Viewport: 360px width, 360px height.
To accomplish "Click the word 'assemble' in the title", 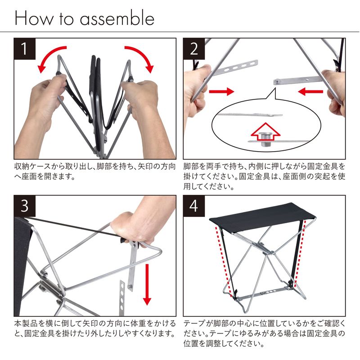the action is coord(117,18).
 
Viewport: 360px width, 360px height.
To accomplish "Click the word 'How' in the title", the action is coord(34,18).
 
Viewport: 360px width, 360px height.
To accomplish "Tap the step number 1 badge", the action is coord(25,49).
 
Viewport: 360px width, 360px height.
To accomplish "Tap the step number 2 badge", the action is coord(194,49).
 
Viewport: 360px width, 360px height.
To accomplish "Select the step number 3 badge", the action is coord(25,206).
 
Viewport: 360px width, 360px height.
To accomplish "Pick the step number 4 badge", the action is coord(194,206).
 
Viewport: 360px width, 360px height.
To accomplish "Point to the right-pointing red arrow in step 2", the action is coord(221,91).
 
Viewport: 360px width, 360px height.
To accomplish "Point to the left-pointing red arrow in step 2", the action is coord(310,91).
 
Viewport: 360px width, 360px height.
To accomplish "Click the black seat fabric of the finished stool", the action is coord(262,215).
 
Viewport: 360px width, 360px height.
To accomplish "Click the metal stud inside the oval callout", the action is coord(265,139).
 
